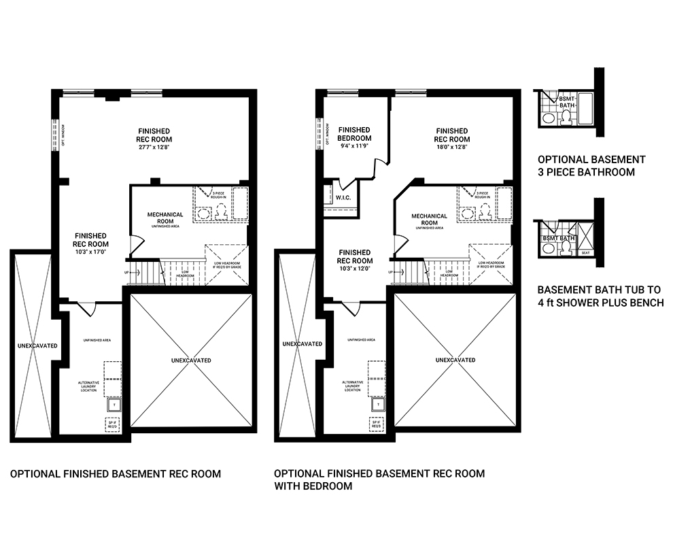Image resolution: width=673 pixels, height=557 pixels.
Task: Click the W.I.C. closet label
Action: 343,198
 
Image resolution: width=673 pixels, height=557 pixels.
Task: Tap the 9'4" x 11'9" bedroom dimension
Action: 354,146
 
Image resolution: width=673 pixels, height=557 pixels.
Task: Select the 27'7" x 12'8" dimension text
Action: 153,146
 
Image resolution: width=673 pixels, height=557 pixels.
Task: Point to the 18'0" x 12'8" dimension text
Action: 451,146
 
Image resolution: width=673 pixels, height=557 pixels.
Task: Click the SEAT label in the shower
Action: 586,252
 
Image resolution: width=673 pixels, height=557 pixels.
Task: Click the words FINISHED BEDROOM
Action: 354,134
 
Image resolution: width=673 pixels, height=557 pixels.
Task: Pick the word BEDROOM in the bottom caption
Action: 330,486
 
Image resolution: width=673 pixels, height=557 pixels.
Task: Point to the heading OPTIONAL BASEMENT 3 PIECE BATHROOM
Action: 590,165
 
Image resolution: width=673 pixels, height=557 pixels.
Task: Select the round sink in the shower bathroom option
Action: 548,249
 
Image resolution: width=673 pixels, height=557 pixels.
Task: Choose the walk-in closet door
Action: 346,184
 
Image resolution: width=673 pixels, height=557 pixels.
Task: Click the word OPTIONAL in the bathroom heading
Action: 564,159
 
